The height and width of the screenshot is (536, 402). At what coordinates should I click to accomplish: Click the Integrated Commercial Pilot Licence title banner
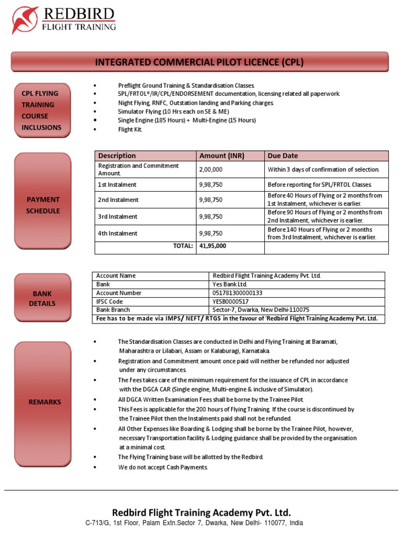click(199, 62)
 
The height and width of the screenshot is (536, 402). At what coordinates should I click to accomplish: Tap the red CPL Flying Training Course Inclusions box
click(41, 110)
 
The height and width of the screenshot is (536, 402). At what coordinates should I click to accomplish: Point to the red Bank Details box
click(42, 298)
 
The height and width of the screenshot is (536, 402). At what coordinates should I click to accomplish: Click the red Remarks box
click(44, 402)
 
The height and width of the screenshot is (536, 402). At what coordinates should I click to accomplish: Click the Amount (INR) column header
click(221, 155)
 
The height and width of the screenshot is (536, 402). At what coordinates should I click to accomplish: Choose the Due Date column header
click(283, 155)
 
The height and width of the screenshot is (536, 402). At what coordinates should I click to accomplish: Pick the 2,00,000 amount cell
click(210, 170)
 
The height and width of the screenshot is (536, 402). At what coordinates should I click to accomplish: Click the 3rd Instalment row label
click(118, 217)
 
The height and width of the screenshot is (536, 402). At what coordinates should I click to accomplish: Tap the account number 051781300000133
click(237, 293)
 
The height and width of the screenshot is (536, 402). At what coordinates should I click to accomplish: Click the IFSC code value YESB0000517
click(230, 301)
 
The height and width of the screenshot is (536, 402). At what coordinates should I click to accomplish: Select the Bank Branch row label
click(114, 310)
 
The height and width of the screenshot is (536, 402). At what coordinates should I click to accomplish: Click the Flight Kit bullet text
click(130, 129)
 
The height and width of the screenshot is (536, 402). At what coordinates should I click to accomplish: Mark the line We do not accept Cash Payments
click(163, 467)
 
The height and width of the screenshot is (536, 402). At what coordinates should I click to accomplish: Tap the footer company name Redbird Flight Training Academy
click(201, 512)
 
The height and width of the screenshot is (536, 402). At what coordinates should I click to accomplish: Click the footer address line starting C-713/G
click(194, 523)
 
